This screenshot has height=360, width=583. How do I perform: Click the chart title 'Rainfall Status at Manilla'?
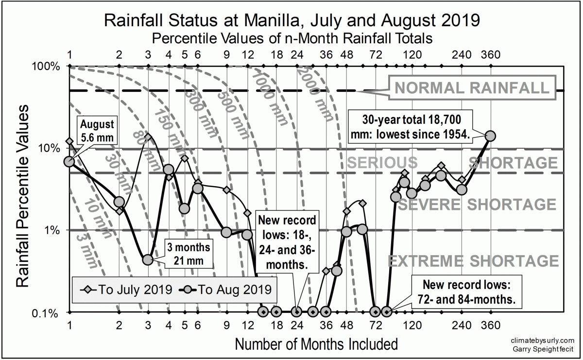[x=292, y=21]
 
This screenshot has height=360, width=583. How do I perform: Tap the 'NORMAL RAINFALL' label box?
[x=472, y=87]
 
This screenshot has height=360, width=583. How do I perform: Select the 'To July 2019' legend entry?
[x=124, y=290]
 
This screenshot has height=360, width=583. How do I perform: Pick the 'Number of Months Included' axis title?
[x=316, y=344]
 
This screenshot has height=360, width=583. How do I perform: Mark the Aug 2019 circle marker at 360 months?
[x=490, y=136]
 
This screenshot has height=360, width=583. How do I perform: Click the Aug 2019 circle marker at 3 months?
[x=148, y=260]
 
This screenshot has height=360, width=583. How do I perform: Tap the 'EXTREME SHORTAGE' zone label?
[x=473, y=261]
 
